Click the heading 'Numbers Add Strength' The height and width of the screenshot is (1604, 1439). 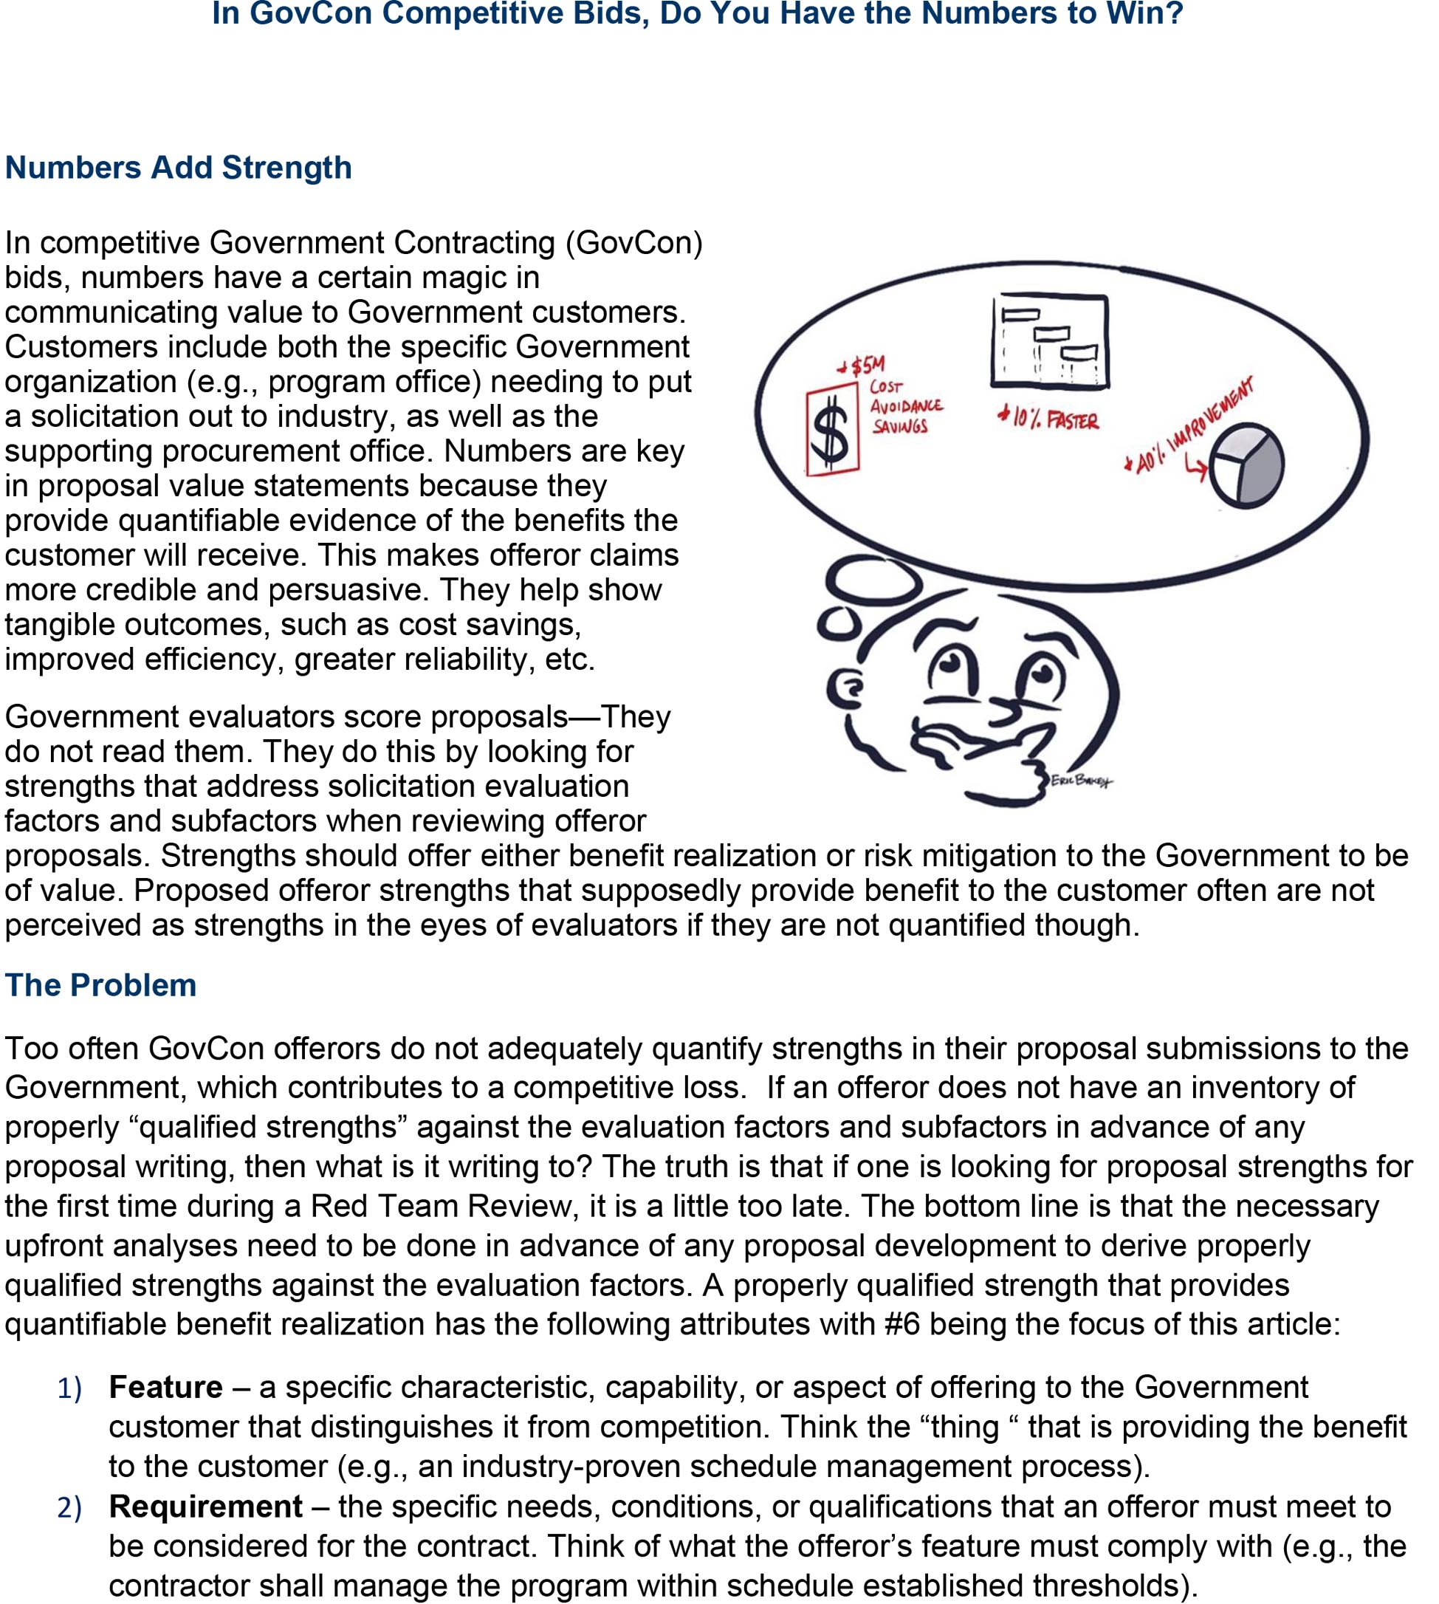(179, 168)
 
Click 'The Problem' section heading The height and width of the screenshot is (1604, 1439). (101, 984)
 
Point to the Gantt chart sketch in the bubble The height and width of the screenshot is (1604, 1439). (1050, 341)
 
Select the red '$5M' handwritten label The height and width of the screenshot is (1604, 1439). (863, 366)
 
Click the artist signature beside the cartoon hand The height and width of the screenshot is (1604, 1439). (1080, 781)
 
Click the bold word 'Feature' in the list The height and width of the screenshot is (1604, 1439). (166, 1388)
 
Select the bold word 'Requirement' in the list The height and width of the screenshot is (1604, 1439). (205, 1507)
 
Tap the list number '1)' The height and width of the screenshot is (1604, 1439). (69, 1390)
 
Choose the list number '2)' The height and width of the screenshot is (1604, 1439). (69, 1508)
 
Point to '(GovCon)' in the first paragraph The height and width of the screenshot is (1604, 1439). (633, 243)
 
